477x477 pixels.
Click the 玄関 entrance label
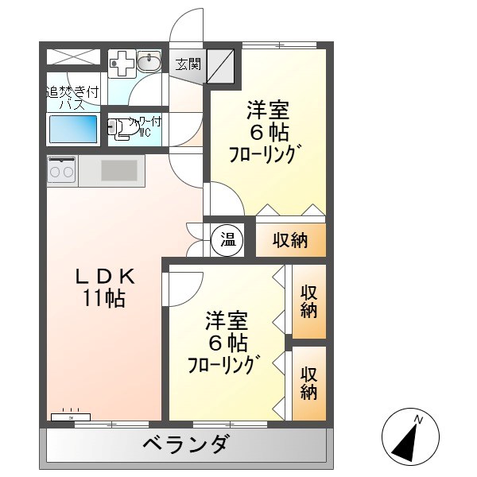[x=188, y=64]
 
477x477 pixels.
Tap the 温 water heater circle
[x=228, y=241]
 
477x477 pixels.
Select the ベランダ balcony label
[x=188, y=444]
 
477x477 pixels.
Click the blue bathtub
[x=73, y=130]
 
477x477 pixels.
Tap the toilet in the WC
[x=121, y=130]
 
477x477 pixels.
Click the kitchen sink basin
[x=118, y=169]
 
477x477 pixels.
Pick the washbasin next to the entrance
[x=149, y=62]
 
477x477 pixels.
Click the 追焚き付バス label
[x=72, y=97]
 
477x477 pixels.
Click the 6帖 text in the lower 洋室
[x=227, y=343]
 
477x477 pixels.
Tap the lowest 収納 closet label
[x=309, y=383]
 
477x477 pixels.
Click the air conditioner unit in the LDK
[x=72, y=416]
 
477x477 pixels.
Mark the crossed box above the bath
[x=72, y=57]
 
